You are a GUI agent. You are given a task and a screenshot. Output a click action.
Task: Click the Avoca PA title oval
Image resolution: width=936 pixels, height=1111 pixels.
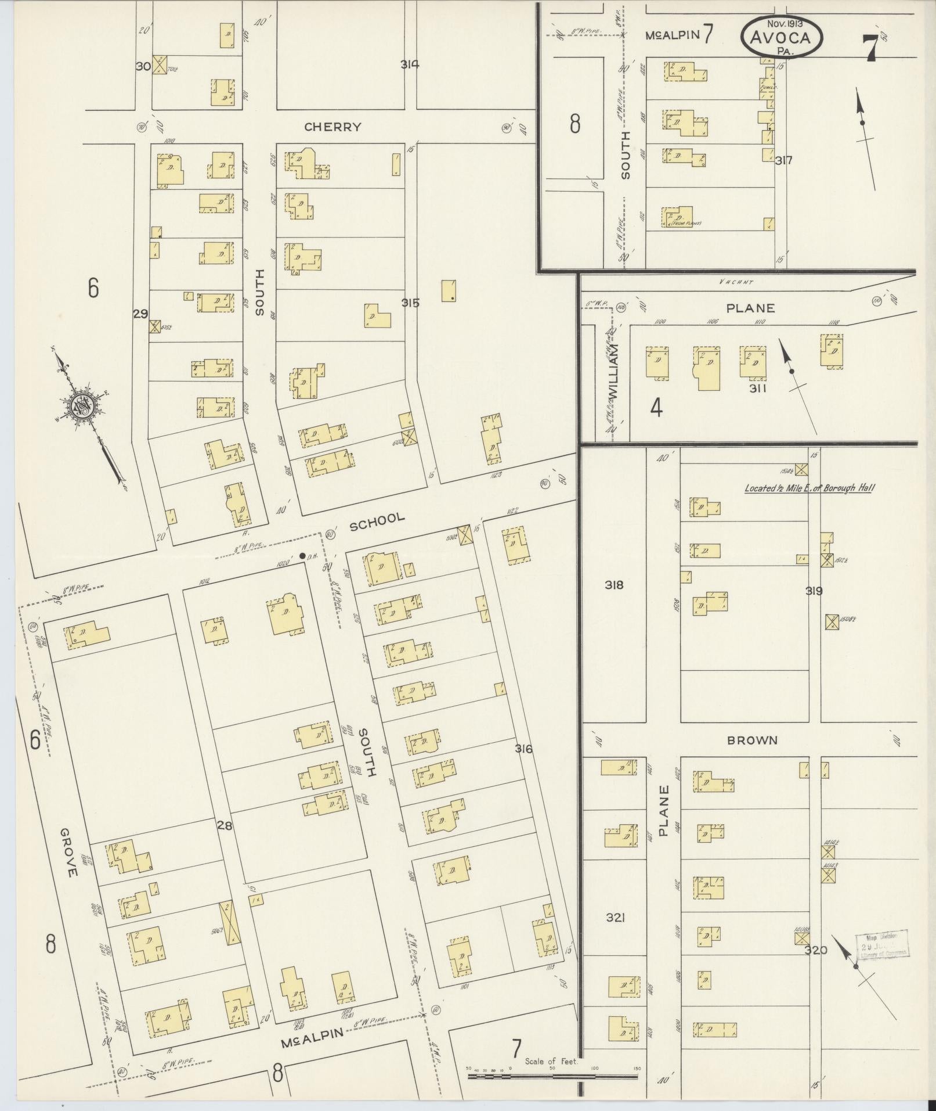tap(781, 37)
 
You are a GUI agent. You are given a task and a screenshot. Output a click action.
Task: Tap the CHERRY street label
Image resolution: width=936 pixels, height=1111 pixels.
tap(333, 127)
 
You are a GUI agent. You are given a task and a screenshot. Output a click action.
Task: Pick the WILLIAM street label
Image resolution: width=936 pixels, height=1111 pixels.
tap(613, 372)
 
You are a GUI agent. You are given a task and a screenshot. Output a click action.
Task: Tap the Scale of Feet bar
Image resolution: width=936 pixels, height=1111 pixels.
tap(552, 1076)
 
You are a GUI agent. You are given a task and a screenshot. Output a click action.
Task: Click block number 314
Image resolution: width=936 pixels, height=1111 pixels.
tap(410, 64)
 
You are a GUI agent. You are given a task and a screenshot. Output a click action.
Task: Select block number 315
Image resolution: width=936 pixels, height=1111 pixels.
tap(410, 303)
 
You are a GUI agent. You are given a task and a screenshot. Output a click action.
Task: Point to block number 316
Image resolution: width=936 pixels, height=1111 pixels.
tap(523, 749)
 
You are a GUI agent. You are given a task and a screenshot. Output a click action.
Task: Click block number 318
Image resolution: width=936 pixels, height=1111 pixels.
tap(614, 585)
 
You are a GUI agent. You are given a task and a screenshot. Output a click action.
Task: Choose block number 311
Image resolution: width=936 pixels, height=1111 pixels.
tap(757, 389)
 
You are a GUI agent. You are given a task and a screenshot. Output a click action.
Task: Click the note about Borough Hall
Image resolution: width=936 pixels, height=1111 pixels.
tap(809, 488)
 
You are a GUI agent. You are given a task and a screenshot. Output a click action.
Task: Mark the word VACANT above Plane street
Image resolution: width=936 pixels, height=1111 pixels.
tap(736, 282)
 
